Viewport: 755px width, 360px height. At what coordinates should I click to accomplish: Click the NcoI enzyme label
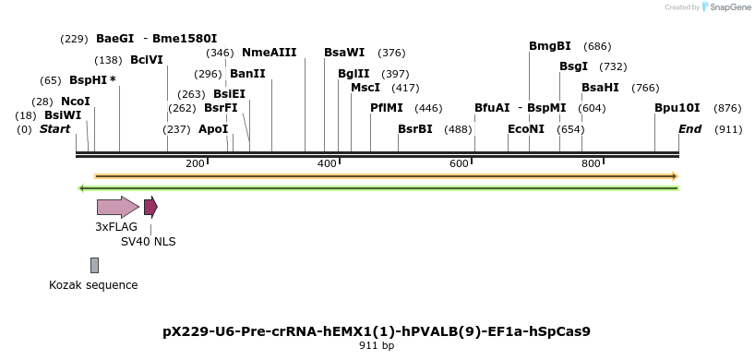(x=76, y=101)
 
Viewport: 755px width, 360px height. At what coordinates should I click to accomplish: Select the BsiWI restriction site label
(x=63, y=115)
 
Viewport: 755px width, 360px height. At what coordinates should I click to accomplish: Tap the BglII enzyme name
(x=354, y=74)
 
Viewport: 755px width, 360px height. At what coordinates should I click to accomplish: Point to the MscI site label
(x=366, y=88)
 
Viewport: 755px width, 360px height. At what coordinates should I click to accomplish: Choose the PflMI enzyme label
(x=387, y=108)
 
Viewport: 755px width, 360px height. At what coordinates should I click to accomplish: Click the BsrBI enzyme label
(x=415, y=129)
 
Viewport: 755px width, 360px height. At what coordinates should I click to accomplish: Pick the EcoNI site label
(x=526, y=129)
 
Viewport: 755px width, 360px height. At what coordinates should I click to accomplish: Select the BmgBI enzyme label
(x=550, y=46)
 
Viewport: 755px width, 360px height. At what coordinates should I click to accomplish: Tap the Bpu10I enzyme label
(x=677, y=108)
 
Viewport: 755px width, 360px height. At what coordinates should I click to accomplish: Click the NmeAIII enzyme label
(x=270, y=53)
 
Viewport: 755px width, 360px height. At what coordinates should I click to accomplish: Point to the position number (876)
(x=728, y=108)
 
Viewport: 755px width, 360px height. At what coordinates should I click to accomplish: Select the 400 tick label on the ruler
(x=327, y=163)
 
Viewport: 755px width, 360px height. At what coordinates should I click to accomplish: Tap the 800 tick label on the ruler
(x=591, y=163)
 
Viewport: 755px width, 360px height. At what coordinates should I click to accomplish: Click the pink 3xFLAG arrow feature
(x=117, y=207)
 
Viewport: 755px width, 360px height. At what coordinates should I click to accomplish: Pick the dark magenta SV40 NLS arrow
(x=150, y=207)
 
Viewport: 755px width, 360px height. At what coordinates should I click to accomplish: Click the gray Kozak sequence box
(x=94, y=266)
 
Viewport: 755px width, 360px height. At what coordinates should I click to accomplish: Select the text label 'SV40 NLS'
(x=149, y=242)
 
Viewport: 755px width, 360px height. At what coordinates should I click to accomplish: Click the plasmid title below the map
(x=377, y=331)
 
